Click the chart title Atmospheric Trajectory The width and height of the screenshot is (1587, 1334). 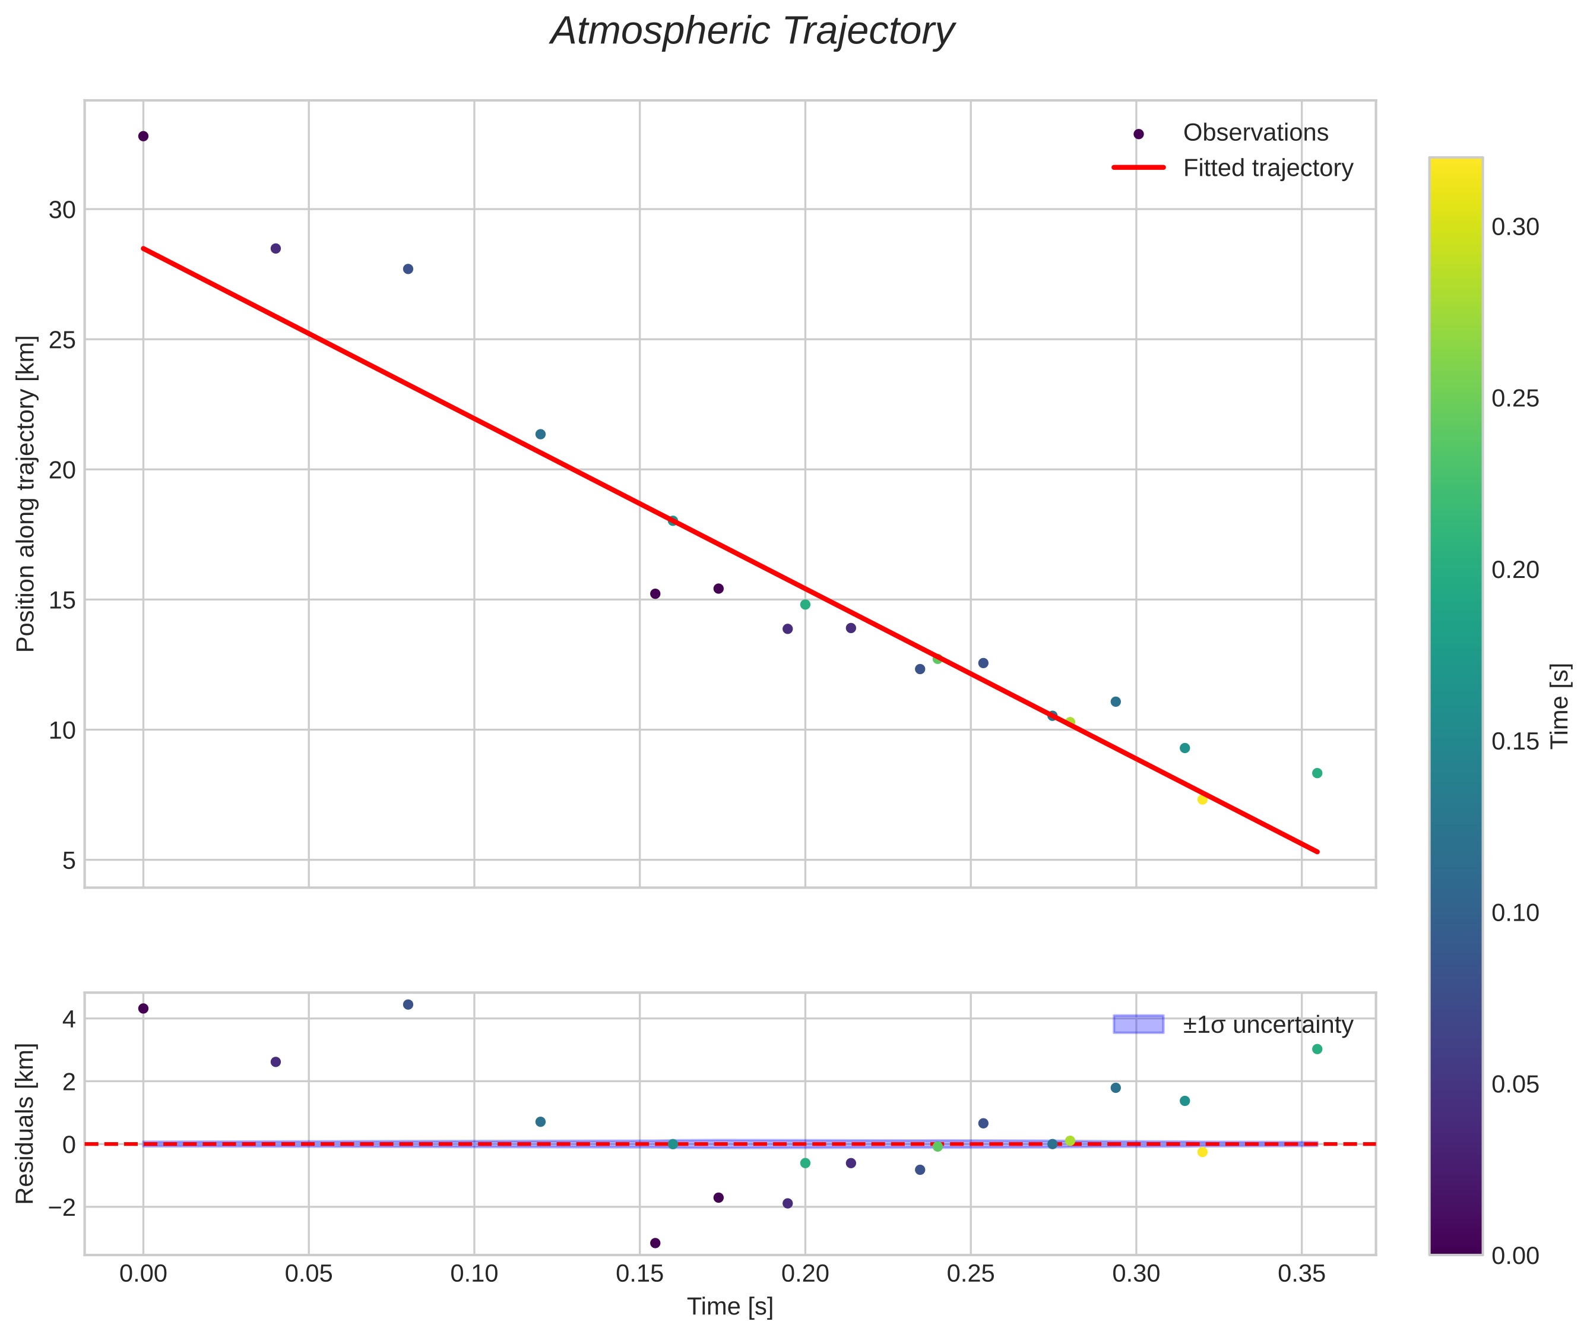752,31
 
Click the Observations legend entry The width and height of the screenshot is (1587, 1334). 1255,133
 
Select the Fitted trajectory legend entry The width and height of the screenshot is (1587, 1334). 1267,168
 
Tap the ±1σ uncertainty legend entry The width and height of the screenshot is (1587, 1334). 1267,1026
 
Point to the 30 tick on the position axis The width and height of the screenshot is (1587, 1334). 62,210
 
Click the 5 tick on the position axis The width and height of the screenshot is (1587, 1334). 69,861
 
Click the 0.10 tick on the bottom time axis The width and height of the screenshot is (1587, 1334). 474,1274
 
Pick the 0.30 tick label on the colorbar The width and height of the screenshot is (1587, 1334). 1515,227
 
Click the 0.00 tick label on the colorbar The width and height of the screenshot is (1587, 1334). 1515,1256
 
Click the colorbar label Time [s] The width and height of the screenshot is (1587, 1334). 1560,706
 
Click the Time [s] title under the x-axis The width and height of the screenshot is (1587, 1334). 730,1307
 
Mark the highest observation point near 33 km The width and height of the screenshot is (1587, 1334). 144,136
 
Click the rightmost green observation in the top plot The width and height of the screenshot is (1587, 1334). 1316,773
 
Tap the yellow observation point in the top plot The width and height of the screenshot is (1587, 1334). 1202,799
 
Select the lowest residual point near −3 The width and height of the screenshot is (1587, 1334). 655,1243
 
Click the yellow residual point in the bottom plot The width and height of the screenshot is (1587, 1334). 1202,1152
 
